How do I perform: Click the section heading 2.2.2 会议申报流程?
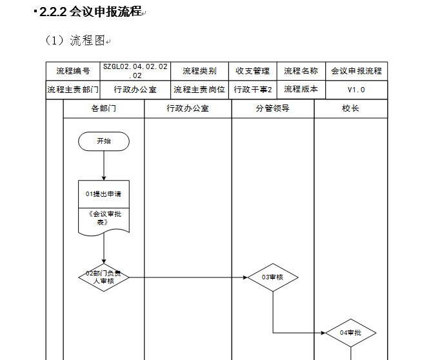[x=90, y=12]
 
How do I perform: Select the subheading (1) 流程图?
[x=75, y=41]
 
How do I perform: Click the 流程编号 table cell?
[x=73, y=71]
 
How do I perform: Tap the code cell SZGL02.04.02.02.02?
[x=135, y=71]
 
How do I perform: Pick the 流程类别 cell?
[x=199, y=71]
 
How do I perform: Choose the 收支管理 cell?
[x=252, y=71]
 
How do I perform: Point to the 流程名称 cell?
[x=301, y=71]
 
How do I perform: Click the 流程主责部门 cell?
[x=73, y=90]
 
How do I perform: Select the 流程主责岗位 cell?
[x=199, y=90]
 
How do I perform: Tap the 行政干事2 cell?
[x=252, y=90]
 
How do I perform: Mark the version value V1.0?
[x=356, y=90]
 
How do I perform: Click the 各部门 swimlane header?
[x=104, y=108]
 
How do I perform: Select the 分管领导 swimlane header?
[x=272, y=108]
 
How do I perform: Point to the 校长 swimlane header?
[x=351, y=108]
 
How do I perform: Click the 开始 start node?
[x=104, y=141]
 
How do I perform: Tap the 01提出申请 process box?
[x=104, y=194]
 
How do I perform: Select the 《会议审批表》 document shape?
[x=104, y=221]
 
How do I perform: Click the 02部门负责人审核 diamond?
[x=104, y=277]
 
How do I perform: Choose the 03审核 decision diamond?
[x=273, y=277]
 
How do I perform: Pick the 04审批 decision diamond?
[x=351, y=333]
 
